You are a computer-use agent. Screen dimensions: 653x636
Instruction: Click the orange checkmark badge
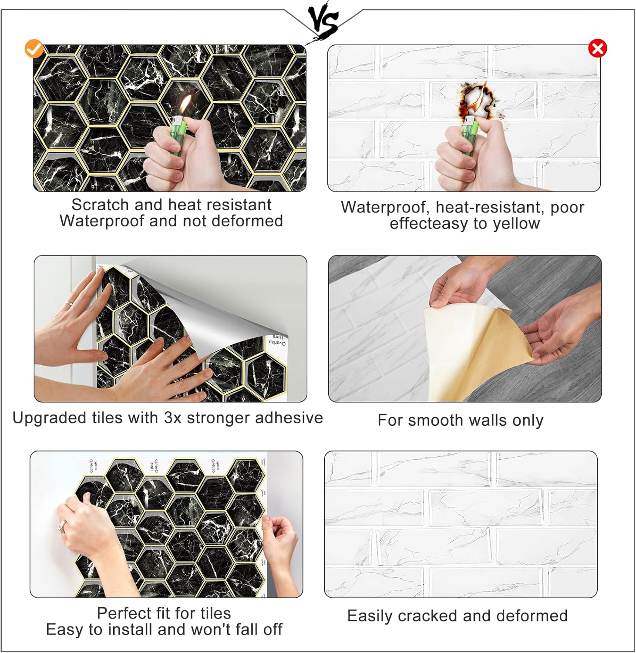[34, 49]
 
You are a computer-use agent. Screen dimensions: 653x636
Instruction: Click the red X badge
[598, 48]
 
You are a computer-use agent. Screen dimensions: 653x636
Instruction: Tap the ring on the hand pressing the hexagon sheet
[69, 303]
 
